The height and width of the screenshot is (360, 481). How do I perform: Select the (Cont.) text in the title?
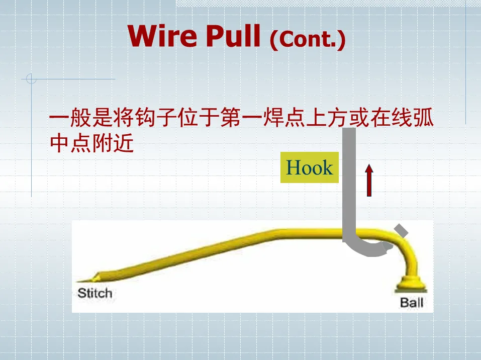pyautogui.click(x=308, y=39)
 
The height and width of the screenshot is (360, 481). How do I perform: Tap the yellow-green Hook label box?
pyautogui.click(x=309, y=167)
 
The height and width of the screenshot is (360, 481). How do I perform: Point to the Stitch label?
pyautogui.click(x=94, y=293)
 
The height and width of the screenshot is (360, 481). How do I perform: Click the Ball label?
pyautogui.click(x=412, y=303)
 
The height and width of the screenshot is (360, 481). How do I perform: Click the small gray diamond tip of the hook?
pyautogui.click(x=401, y=230)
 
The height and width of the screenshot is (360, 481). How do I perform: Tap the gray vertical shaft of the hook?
pyautogui.click(x=349, y=181)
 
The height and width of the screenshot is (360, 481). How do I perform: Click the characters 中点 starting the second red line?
pyautogui.click(x=71, y=144)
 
